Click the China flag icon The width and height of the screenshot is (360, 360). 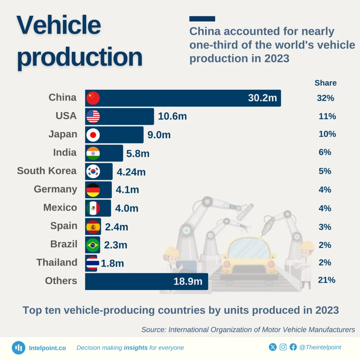(93, 98)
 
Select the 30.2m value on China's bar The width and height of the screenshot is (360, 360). (262, 98)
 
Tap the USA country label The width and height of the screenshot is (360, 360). (66, 116)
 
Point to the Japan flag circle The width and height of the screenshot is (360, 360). (93, 135)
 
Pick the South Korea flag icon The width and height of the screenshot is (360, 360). (93, 172)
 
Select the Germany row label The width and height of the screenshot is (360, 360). (55, 189)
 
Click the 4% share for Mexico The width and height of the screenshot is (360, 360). (324, 208)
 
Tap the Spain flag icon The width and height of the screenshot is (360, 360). (93, 227)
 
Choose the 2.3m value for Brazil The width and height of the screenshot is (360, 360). (115, 245)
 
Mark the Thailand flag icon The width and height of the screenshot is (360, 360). (92, 263)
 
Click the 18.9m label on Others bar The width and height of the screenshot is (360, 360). (188, 282)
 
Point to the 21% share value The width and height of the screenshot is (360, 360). (326, 280)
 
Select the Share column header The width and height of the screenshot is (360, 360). (326, 83)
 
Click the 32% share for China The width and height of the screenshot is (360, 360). (325, 98)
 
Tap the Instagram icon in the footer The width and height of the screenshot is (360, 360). (283, 347)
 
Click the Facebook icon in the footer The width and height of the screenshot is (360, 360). (293, 347)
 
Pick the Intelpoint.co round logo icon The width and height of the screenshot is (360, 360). (18, 348)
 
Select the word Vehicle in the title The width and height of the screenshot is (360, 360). (59, 25)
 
